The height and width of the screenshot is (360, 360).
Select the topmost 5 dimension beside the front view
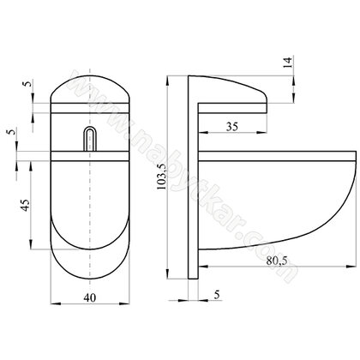(27, 87)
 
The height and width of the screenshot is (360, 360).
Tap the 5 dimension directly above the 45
(9, 135)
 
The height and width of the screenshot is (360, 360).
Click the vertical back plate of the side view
(194, 180)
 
